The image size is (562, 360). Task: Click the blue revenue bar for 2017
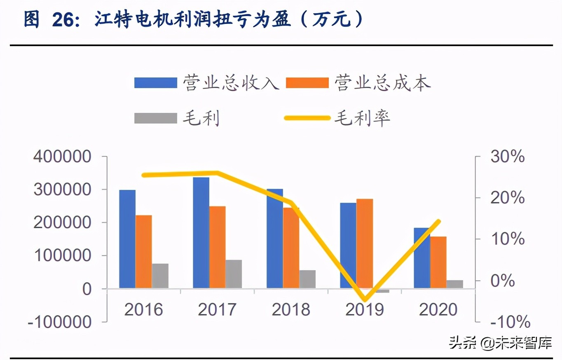click(201, 232)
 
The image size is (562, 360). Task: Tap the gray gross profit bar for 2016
click(160, 276)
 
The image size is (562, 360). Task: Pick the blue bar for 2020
click(422, 258)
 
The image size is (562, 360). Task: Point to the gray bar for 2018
click(307, 279)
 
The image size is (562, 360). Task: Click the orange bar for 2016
click(144, 251)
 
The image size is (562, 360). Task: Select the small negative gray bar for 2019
click(381, 291)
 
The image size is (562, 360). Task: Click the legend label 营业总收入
click(231, 83)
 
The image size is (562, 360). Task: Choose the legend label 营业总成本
click(382, 83)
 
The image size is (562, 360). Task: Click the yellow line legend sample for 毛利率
click(307, 118)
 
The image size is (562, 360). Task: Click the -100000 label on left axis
click(59, 322)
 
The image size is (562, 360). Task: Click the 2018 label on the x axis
click(291, 309)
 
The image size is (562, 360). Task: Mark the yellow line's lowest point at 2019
click(365, 300)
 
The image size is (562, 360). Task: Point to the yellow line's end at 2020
click(439, 222)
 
